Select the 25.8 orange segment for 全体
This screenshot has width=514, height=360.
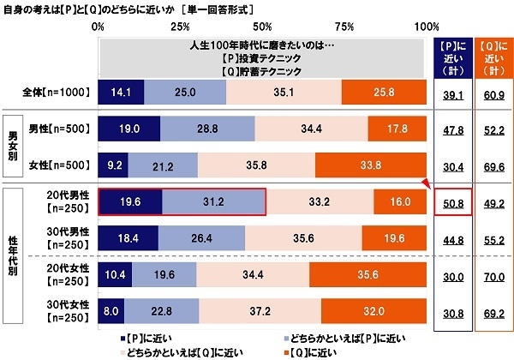383,92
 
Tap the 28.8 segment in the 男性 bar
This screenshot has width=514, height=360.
207,129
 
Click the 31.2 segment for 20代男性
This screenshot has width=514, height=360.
213,202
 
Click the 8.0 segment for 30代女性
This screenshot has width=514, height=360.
111,311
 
